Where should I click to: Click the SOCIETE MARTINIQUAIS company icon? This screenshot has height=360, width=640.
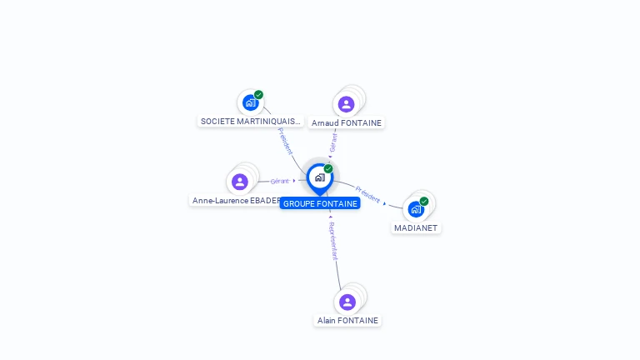pyautogui.click(x=250, y=103)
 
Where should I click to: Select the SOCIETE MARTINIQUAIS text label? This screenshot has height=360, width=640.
pyautogui.click(x=250, y=122)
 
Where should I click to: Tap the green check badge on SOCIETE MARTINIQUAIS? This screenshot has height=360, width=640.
pyautogui.click(x=259, y=95)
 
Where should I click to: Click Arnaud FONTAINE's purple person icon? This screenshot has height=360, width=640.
pyautogui.click(x=346, y=104)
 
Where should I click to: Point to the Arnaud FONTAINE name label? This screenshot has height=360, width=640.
pyautogui.click(x=347, y=123)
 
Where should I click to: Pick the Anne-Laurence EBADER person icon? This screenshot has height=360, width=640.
pyautogui.click(x=240, y=182)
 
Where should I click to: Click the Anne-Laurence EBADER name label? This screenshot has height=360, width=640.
pyautogui.click(x=236, y=201)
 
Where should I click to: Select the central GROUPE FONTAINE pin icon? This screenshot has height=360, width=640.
pyautogui.click(x=319, y=177)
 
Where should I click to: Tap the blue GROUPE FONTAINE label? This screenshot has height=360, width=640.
pyautogui.click(x=320, y=203)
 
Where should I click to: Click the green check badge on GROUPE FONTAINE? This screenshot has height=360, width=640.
pyautogui.click(x=328, y=169)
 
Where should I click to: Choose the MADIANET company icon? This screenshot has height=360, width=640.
pyautogui.click(x=416, y=209)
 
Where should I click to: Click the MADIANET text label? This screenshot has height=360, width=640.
pyautogui.click(x=416, y=228)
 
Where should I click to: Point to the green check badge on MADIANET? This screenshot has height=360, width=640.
pyautogui.click(x=424, y=201)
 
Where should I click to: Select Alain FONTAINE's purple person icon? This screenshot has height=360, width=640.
pyautogui.click(x=347, y=302)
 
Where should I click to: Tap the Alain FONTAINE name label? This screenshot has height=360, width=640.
pyautogui.click(x=347, y=321)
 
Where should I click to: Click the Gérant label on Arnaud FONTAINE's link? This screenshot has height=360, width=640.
pyautogui.click(x=333, y=143)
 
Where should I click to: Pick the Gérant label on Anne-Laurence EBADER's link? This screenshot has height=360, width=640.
pyautogui.click(x=280, y=181)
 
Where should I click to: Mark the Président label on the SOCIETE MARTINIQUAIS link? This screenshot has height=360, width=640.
pyautogui.click(x=285, y=140)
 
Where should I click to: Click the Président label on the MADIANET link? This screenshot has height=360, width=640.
pyautogui.click(x=367, y=193)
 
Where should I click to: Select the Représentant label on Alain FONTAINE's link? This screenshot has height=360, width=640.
pyautogui.click(x=332, y=242)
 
